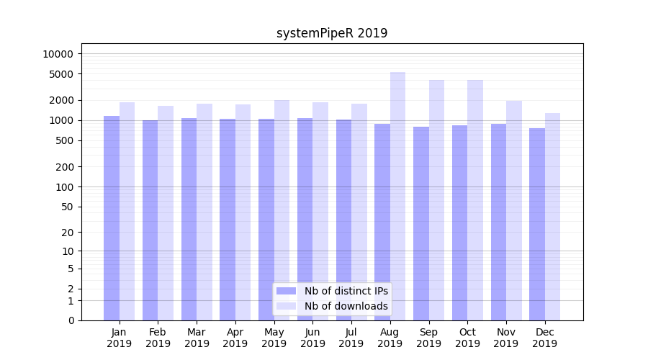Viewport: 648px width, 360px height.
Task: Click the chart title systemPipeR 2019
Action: pyautogui.click(x=332, y=33)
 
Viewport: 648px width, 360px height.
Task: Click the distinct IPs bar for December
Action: pyautogui.click(x=537, y=224)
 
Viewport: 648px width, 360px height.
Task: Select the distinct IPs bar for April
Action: pyautogui.click(x=228, y=220)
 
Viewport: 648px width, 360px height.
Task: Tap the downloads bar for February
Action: pyautogui.click(x=166, y=213)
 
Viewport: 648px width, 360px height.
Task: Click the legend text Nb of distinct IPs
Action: pyautogui.click(x=346, y=291)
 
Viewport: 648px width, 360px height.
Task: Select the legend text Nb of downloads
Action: pyautogui.click(x=346, y=306)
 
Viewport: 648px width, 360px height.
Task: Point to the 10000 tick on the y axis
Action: pyautogui.click(x=58, y=54)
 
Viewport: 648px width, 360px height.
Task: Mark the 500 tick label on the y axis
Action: pyautogui.click(x=64, y=140)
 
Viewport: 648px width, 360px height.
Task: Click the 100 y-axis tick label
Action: pyautogui.click(x=64, y=187)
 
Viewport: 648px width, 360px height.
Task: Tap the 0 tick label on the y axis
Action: pyautogui.click(x=71, y=320)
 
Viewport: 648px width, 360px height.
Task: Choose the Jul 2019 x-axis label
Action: pyautogui.click(x=351, y=338)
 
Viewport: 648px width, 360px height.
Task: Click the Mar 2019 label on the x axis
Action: pyautogui.click(x=197, y=338)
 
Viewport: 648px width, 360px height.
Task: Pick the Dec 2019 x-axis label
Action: pyautogui.click(x=545, y=338)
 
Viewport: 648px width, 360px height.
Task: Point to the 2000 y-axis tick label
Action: pyautogui.click(x=61, y=100)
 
